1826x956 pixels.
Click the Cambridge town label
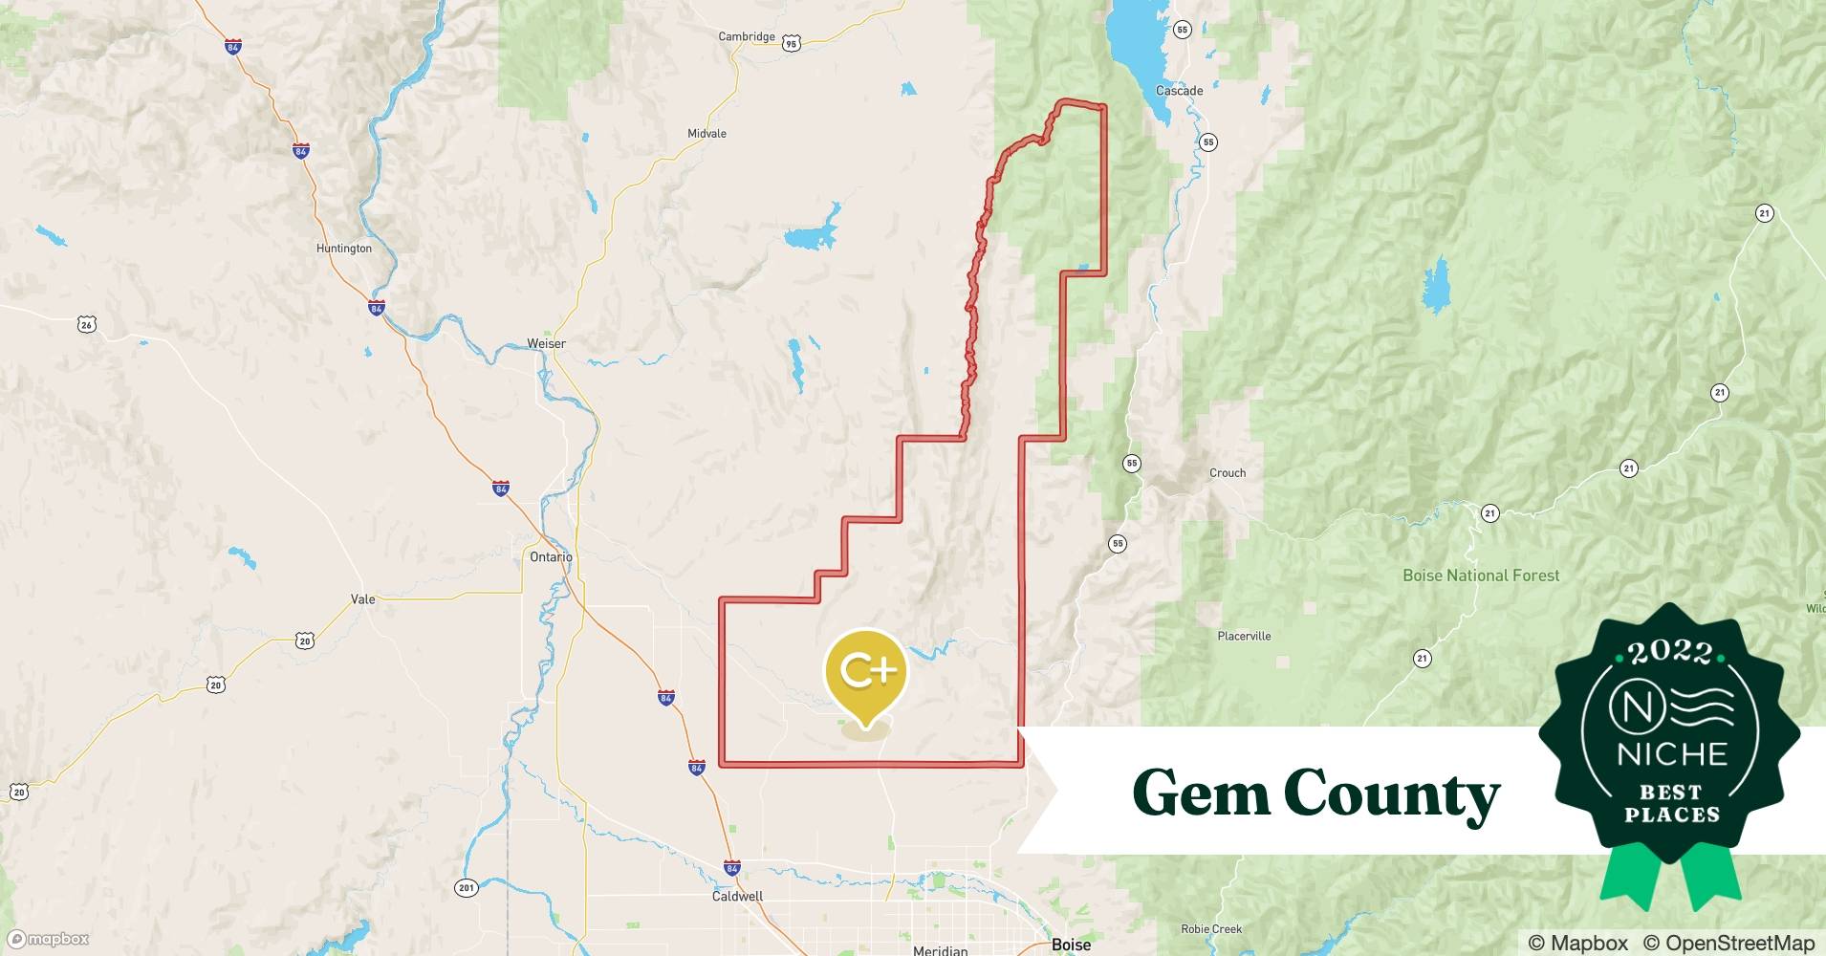pyautogui.click(x=747, y=37)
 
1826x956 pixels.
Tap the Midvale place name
pyautogui.click(x=706, y=134)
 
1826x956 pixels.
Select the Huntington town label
pyautogui.click(x=343, y=249)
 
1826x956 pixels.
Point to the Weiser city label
pyautogui.click(x=546, y=344)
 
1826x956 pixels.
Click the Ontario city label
pyautogui.click(x=551, y=557)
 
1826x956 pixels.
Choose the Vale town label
pyautogui.click(x=363, y=599)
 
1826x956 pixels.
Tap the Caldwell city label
pyautogui.click(x=737, y=897)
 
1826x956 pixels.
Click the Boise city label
pyautogui.click(x=1071, y=945)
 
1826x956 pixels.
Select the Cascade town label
pyautogui.click(x=1179, y=91)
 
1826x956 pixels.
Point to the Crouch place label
pyautogui.click(x=1228, y=473)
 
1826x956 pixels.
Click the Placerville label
pyautogui.click(x=1244, y=636)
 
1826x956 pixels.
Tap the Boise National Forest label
pyautogui.click(x=1480, y=576)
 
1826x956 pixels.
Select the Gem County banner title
pyautogui.click(x=1315, y=793)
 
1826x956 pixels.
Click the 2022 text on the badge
pyautogui.click(x=1671, y=652)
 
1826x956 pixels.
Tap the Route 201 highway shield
pyautogui.click(x=466, y=888)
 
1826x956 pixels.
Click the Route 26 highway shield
pyautogui.click(x=86, y=325)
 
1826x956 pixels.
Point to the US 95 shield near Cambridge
pyautogui.click(x=791, y=43)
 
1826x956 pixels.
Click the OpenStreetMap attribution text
pyautogui.click(x=1728, y=943)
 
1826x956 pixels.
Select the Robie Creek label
pyautogui.click(x=1211, y=929)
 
